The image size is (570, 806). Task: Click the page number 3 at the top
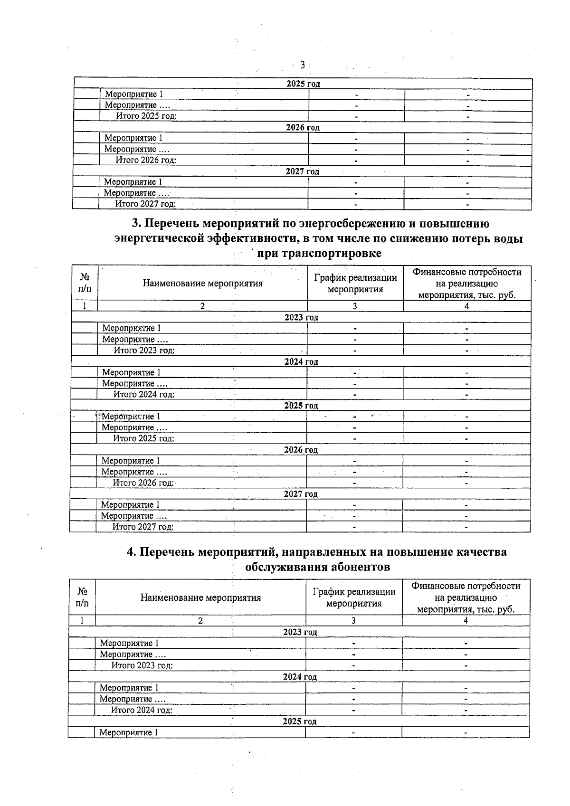click(302, 65)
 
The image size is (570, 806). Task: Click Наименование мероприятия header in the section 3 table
click(202, 284)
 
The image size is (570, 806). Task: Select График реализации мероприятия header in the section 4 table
click(354, 597)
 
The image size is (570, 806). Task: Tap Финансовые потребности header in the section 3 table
click(466, 273)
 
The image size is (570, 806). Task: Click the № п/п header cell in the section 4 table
click(82, 597)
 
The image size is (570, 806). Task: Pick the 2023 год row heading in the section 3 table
click(301, 317)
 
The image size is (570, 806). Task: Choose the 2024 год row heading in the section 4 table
click(299, 677)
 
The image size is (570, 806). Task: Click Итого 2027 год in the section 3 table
click(142, 527)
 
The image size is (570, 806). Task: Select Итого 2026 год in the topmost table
click(146, 160)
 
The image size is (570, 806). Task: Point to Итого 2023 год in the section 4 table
click(142, 665)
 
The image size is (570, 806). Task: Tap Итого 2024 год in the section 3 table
click(143, 394)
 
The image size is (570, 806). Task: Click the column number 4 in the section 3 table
click(466, 306)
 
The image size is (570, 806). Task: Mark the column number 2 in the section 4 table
click(200, 620)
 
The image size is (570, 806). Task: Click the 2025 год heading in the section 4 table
click(299, 721)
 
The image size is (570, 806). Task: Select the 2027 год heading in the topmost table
click(302, 171)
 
